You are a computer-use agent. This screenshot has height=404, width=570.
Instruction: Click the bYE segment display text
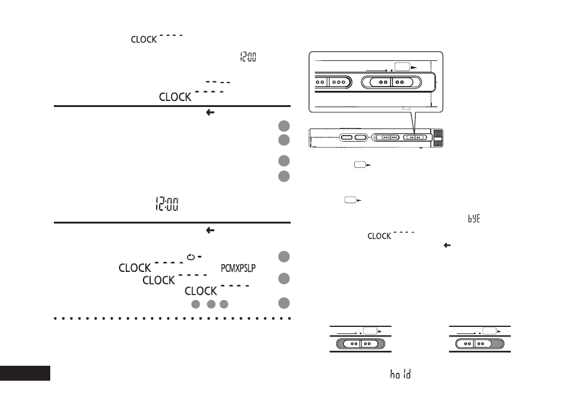(x=474, y=218)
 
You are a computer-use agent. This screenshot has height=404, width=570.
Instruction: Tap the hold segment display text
(x=400, y=374)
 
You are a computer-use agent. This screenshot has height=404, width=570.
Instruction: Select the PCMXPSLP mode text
(x=238, y=268)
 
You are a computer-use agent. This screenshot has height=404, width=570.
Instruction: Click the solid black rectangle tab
(x=25, y=373)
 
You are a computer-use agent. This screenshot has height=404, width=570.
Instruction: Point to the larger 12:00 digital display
(x=167, y=204)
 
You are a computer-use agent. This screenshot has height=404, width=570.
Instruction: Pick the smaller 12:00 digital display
(x=248, y=57)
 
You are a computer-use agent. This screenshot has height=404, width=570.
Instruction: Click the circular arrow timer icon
(x=190, y=257)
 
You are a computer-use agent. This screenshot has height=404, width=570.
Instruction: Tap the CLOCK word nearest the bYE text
(x=379, y=236)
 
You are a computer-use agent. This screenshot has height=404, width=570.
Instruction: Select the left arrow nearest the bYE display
(x=447, y=245)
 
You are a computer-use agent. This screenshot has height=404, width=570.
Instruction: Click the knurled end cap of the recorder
(x=438, y=137)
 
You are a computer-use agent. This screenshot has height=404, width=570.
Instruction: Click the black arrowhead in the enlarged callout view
(x=414, y=67)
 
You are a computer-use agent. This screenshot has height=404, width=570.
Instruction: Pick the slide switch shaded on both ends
(x=360, y=343)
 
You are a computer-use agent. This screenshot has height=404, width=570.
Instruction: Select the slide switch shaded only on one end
(x=480, y=343)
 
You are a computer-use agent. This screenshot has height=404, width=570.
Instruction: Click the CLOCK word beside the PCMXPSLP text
(x=135, y=268)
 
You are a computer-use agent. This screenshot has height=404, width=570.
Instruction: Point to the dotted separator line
(x=172, y=319)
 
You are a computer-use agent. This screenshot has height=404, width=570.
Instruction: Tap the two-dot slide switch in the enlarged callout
(x=391, y=82)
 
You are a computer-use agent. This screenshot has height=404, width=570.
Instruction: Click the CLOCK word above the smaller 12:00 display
(x=144, y=39)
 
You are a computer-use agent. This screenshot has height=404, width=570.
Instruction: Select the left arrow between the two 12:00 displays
(x=210, y=112)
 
